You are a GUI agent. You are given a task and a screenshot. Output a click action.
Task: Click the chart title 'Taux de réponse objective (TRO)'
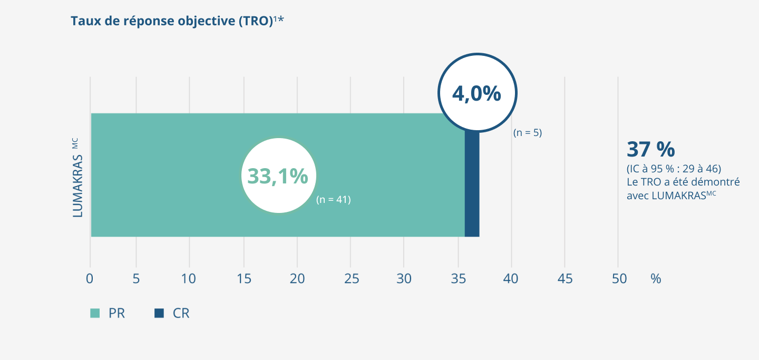point(172,21)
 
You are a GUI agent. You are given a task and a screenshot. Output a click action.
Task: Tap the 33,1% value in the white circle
point(278,176)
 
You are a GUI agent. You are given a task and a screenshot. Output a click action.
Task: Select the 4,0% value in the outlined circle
point(476,93)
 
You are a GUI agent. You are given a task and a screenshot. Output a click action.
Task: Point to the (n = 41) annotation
point(333,200)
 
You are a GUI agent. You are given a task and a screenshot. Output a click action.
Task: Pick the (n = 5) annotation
point(527,133)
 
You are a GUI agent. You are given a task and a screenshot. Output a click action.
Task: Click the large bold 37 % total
point(650,150)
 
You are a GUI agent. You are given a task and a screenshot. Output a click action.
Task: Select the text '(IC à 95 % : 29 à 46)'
point(674,169)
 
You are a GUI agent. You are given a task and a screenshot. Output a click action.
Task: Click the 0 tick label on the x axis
point(90,279)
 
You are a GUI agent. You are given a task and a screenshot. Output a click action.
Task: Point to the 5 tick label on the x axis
point(136,279)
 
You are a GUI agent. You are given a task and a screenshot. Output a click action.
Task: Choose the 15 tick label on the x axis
point(244,279)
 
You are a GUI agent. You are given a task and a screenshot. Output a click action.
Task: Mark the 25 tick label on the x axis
point(351,279)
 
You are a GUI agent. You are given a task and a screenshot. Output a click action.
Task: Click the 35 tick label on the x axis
point(458,279)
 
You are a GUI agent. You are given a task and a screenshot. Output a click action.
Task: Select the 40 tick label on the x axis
point(511,279)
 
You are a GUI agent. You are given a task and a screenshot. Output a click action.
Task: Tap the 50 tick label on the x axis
point(619,279)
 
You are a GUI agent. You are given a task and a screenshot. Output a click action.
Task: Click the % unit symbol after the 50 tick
point(656,279)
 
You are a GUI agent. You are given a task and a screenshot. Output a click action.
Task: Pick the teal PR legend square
point(95,313)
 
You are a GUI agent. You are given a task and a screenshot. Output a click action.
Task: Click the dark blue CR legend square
point(159,313)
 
